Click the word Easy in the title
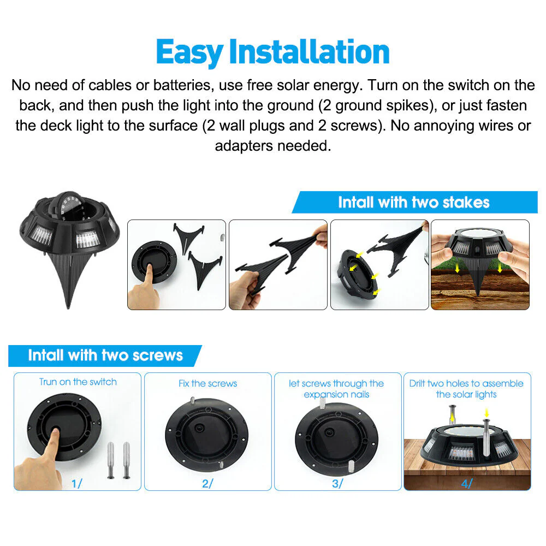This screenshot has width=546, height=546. click(189, 52)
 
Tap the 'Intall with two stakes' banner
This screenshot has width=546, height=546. click(414, 203)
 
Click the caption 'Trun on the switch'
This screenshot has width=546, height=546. click(78, 382)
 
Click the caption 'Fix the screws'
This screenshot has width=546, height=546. click(208, 383)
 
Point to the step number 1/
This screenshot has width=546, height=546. click(76, 483)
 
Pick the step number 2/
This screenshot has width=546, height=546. click(207, 483)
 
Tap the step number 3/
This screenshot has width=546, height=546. click(337, 483)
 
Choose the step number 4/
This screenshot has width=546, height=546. click(467, 483)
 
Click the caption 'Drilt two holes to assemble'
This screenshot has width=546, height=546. click(466, 383)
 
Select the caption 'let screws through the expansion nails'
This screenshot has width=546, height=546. click(336, 389)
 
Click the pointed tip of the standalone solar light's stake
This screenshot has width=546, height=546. click(68, 308)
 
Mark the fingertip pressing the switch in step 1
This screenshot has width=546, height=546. click(55, 432)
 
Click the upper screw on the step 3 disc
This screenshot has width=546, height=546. click(323, 403)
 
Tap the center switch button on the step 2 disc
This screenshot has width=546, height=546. click(199, 427)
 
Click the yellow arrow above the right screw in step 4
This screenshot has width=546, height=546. click(487, 413)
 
